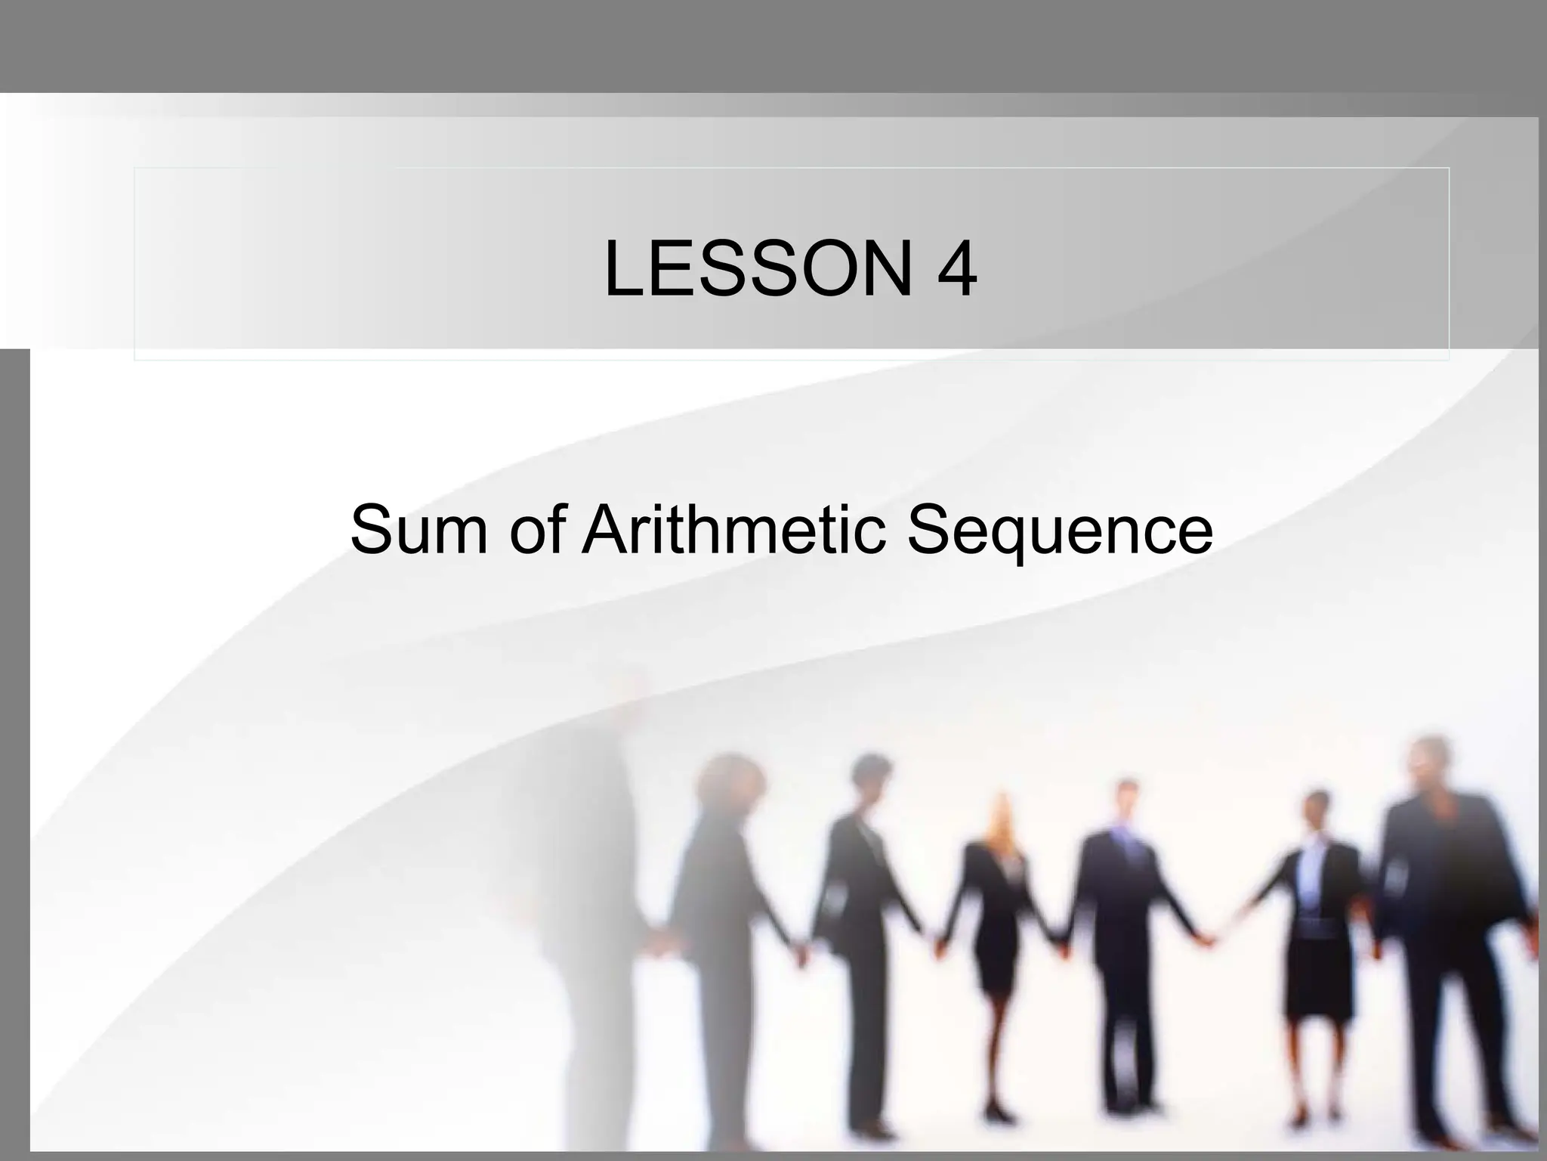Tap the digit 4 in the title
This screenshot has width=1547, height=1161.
[956, 268]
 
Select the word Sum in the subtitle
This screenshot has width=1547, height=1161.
[418, 528]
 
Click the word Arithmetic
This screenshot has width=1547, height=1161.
[733, 528]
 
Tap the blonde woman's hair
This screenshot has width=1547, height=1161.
[1002, 820]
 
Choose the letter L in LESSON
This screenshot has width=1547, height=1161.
[623, 268]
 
